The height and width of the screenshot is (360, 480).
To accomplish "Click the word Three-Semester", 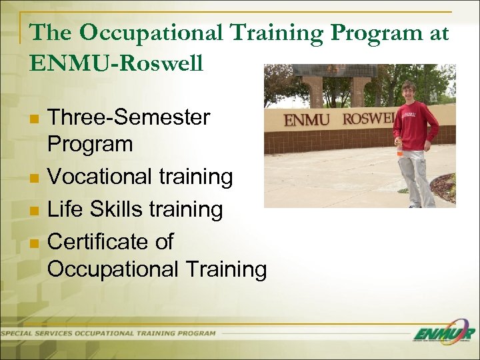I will click(129, 118).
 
